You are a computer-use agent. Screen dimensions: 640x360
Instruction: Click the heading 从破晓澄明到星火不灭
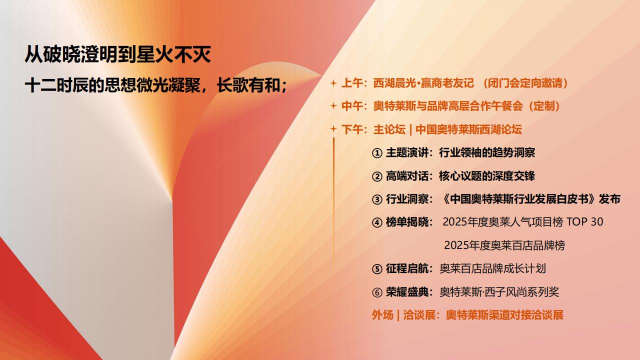pos(117,54)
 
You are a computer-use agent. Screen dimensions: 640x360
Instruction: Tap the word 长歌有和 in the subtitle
pos(248,85)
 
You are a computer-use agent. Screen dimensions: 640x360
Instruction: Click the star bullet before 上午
pos(333,83)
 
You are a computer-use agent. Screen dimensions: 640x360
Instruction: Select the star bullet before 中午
pos(333,106)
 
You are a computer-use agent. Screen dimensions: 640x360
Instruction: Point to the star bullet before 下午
pos(333,129)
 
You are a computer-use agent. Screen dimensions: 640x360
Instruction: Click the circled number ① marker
pos(377,153)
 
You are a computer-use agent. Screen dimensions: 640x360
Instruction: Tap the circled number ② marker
pos(377,176)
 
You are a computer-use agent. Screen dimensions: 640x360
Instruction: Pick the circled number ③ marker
pos(377,199)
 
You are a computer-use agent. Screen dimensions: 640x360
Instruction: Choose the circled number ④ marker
pos(377,222)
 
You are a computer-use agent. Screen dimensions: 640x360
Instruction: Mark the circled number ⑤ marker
pos(377,269)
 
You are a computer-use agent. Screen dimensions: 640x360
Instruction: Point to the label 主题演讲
pos(407,152)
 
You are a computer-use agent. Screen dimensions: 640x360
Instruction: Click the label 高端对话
pos(407,175)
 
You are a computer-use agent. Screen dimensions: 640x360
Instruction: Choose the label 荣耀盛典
pos(407,291)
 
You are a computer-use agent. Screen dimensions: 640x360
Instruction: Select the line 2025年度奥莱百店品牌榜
pos(504,245)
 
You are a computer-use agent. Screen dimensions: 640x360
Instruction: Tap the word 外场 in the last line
pos(382,315)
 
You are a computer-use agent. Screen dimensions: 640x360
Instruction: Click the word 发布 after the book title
pos(609,199)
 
